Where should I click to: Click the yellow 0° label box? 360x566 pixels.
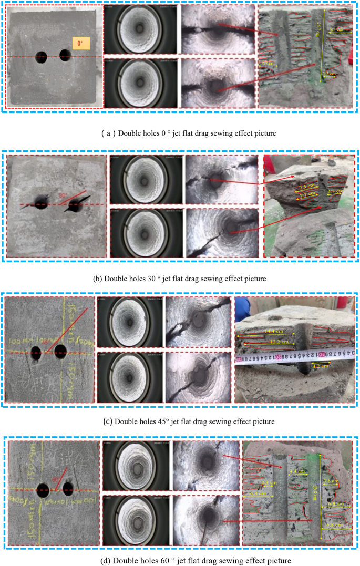[80, 44]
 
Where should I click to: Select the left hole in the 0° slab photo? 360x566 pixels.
[42, 57]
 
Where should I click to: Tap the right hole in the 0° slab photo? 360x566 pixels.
[65, 54]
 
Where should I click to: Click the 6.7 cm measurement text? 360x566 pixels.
[335, 30]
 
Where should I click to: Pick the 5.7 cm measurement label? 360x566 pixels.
[268, 63]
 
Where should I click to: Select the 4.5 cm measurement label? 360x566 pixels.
[333, 192]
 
